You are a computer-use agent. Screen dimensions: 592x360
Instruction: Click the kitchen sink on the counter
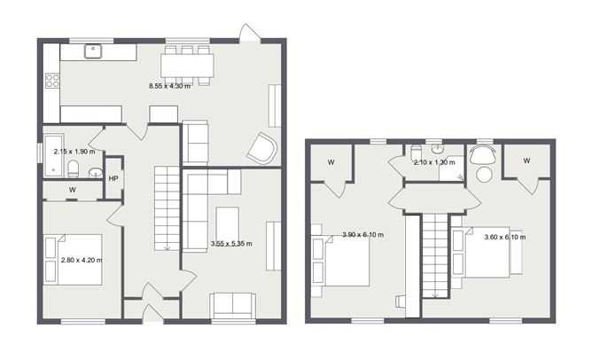pos(93,51)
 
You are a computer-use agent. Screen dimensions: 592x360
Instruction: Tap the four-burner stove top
pos(52,80)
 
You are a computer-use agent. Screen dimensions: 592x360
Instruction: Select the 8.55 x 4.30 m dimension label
pos(169,86)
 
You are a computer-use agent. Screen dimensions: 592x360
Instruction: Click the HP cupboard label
pos(113,179)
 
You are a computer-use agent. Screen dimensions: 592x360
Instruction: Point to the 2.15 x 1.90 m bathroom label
pos(74,152)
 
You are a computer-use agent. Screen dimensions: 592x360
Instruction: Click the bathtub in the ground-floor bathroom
pos(53,156)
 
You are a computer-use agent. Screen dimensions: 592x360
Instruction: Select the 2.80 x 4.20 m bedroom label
pos(82,260)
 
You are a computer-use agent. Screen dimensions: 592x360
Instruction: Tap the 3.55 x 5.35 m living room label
pos(231,244)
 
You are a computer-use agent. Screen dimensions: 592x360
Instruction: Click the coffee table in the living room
pos(227,223)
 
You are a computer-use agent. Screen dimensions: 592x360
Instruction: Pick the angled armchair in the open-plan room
pos(262,148)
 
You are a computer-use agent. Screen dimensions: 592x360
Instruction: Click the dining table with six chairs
pos(187,66)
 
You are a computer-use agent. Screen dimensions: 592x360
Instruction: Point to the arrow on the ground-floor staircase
pos(167,247)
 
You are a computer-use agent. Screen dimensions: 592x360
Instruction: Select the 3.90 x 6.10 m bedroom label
pos(362,235)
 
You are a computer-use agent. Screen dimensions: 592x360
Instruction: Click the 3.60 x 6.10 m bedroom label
pos(505,237)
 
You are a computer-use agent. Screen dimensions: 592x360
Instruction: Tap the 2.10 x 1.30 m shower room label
pos(434,162)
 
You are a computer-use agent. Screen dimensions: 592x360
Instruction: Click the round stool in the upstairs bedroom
pos(484,175)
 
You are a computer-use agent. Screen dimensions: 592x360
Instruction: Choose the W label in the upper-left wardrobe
pos(331,162)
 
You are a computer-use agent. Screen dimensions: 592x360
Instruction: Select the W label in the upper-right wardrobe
pos(526,160)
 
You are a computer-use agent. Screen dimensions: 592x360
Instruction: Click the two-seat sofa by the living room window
pos(233,306)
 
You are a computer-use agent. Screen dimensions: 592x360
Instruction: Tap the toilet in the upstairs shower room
pos(416,152)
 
